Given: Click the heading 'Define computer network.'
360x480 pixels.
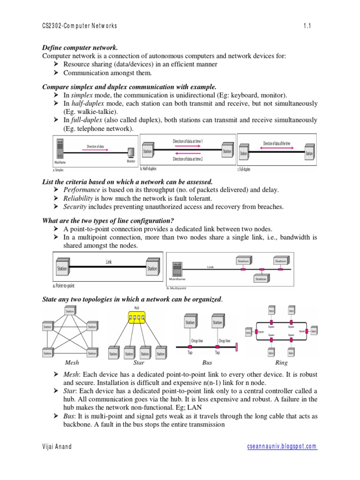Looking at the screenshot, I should [x=80, y=48].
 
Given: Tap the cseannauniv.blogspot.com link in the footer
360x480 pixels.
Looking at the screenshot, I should [x=282, y=447].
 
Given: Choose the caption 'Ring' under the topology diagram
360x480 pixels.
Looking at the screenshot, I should [x=282, y=363].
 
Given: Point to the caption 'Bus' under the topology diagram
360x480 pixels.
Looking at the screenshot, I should [x=207, y=363].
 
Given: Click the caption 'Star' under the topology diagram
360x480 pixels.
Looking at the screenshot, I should [x=139, y=363].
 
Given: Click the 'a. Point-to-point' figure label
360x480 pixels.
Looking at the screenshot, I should [x=64, y=285].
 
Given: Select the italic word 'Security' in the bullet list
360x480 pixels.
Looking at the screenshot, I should [x=75, y=207].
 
